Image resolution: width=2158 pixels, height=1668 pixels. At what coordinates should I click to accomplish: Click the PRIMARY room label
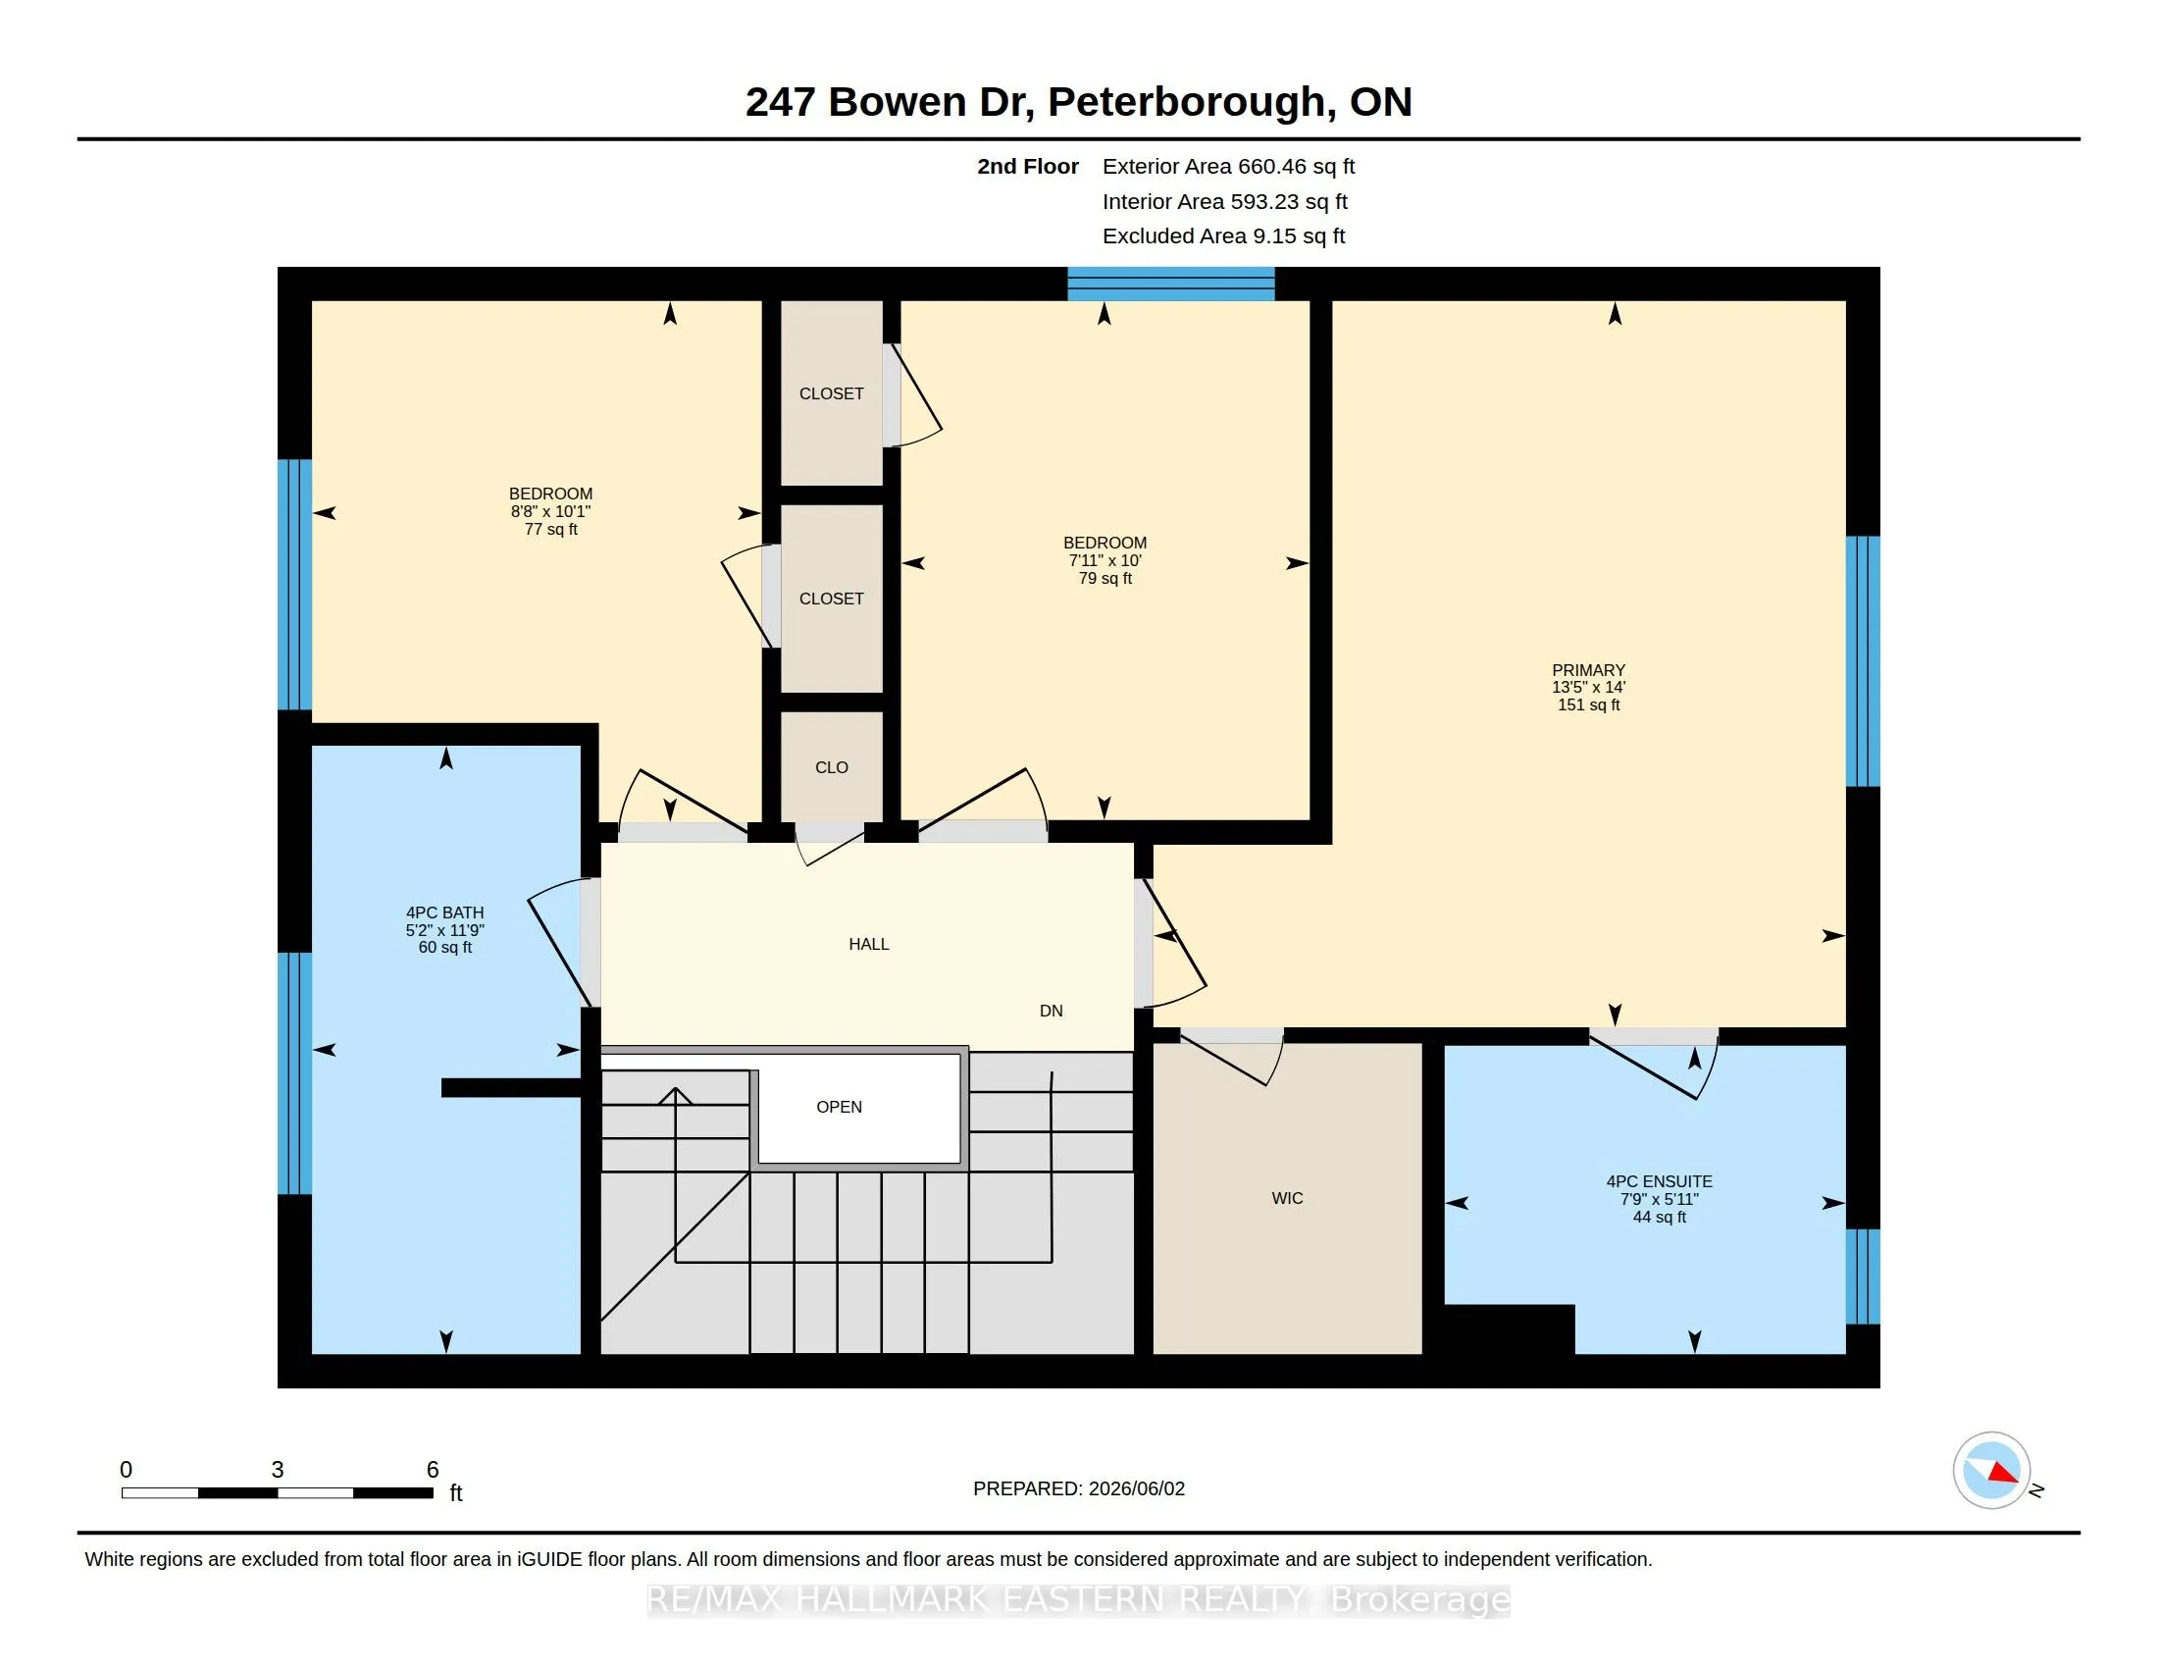[1588, 670]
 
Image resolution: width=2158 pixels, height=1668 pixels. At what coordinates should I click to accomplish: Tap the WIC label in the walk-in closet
[1288, 1199]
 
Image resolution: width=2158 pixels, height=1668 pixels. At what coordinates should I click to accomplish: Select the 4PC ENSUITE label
[1659, 1180]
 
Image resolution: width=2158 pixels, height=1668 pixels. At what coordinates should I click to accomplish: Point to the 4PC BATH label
[444, 913]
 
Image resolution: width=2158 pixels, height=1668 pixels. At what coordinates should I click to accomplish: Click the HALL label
[868, 945]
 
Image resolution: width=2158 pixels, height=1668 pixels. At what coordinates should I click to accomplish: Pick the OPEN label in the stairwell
[839, 1107]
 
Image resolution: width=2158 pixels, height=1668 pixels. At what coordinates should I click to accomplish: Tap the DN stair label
[1052, 1011]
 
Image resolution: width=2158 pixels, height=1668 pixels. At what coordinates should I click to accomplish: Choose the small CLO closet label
[832, 768]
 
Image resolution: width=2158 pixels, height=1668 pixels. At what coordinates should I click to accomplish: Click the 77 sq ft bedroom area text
[550, 530]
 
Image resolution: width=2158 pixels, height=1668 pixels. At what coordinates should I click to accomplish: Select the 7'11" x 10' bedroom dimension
[1105, 560]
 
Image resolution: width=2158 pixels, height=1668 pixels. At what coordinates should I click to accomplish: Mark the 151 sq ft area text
[1589, 705]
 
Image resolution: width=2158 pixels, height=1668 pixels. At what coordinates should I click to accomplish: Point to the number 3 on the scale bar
[278, 1470]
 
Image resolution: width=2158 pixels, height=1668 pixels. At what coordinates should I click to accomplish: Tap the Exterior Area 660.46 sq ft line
[1228, 167]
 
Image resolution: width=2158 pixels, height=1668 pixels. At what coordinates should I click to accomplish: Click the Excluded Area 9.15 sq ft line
[1223, 236]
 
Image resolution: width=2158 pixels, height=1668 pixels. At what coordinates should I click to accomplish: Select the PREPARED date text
[1079, 1488]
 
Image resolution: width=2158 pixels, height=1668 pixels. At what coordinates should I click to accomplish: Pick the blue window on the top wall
[1171, 284]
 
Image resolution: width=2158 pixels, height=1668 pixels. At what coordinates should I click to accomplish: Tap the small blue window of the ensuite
[1863, 1277]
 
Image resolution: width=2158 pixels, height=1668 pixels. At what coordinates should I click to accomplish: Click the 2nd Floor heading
[1028, 167]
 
